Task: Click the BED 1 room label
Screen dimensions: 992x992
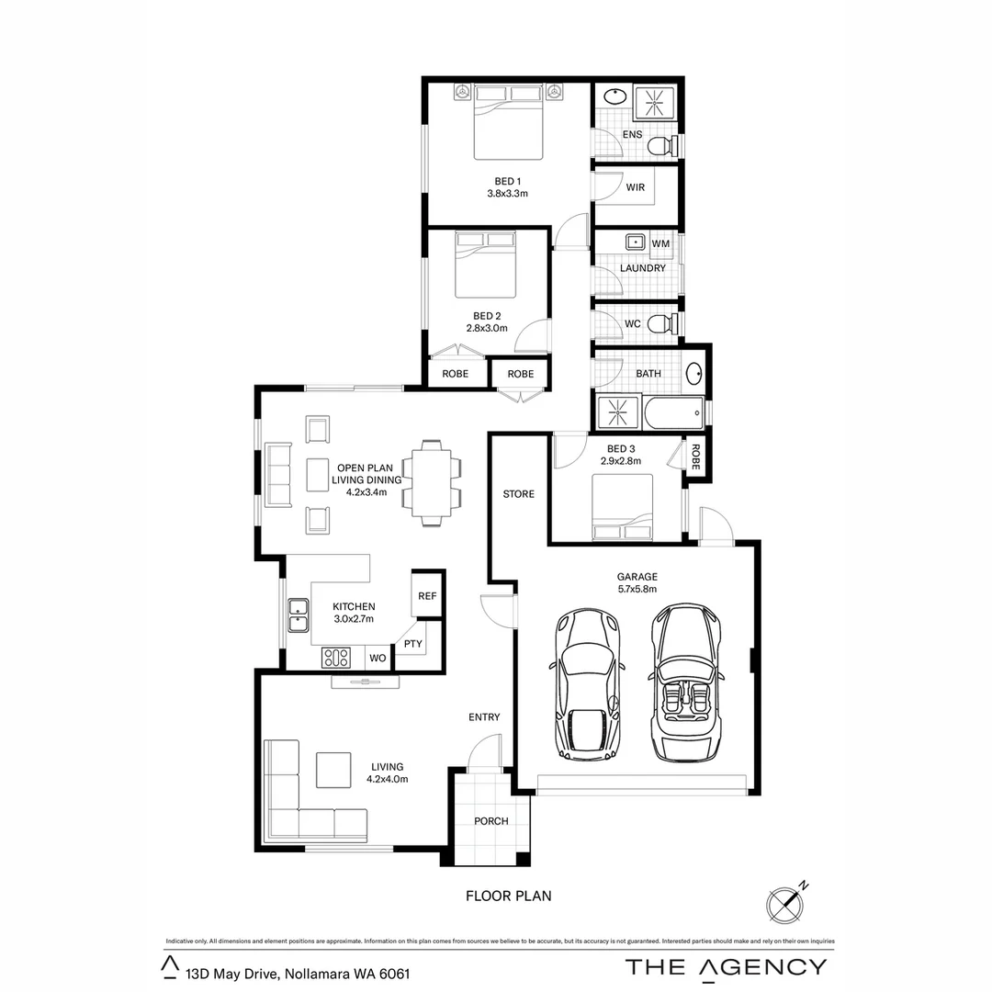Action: [x=506, y=181]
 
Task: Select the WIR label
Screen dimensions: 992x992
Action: [x=635, y=187]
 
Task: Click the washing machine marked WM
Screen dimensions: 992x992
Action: [x=660, y=243]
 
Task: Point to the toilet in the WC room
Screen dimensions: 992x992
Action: [x=662, y=324]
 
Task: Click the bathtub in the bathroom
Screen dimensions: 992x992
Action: [x=672, y=413]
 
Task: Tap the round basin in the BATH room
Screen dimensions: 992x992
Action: [x=694, y=374]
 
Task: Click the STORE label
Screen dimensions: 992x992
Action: [x=518, y=494]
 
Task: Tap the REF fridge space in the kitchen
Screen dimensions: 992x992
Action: [x=427, y=596]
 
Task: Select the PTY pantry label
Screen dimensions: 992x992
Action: [x=413, y=644]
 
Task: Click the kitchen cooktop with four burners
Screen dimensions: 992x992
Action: [x=336, y=658]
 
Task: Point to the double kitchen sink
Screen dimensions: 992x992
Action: [x=298, y=615]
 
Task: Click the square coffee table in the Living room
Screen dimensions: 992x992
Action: [x=333, y=770]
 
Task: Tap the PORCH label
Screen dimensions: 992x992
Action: [x=491, y=821]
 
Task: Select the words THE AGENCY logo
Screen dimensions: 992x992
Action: [x=726, y=966]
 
